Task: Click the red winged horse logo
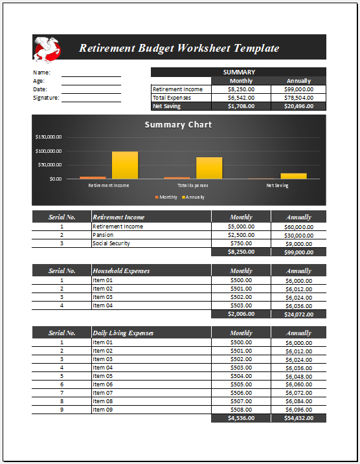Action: point(47,47)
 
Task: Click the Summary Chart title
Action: point(178,124)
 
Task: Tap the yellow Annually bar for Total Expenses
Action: point(209,168)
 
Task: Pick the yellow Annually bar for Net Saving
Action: point(293,175)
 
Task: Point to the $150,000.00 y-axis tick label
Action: point(49,137)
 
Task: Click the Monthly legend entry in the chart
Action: point(166,197)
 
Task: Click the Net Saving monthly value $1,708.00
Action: point(241,106)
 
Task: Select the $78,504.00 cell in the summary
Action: point(298,98)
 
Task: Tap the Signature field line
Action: point(91,98)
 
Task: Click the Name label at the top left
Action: point(41,72)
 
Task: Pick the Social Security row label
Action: point(111,243)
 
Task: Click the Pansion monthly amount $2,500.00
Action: point(241,235)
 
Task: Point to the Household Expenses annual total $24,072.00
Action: point(298,314)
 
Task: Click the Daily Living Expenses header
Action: point(123,333)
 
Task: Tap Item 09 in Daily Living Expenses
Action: point(102,410)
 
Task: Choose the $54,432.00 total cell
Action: point(298,418)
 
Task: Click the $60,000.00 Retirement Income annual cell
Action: point(298,226)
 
